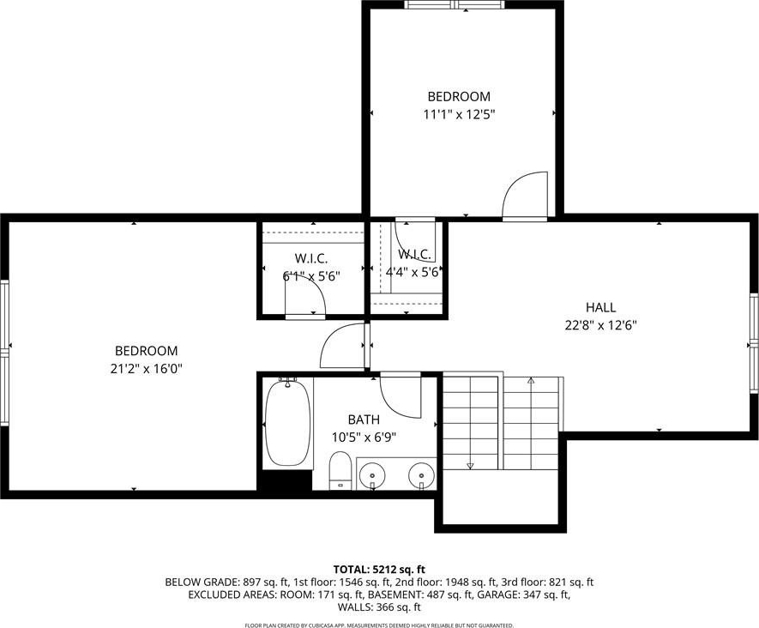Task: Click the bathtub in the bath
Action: pyautogui.click(x=287, y=422)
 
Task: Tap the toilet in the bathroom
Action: pyautogui.click(x=340, y=471)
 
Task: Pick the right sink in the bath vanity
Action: pyautogui.click(x=421, y=475)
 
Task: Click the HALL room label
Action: pyautogui.click(x=600, y=307)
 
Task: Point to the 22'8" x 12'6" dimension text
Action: pyautogui.click(x=600, y=325)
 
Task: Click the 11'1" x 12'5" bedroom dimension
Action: pyautogui.click(x=459, y=115)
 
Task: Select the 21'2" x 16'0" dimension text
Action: pyautogui.click(x=146, y=369)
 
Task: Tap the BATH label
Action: pyautogui.click(x=364, y=420)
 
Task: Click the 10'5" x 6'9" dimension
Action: pyautogui.click(x=364, y=438)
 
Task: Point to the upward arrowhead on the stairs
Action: pyautogui.click(x=531, y=381)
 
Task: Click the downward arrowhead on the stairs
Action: pyautogui.click(x=470, y=466)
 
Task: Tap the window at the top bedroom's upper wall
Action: pyautogui.click(x=455, y=5)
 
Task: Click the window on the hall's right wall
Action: pyautogui.click(x=754, y=344)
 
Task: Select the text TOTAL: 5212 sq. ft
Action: pyautogui.click(x=379, y=569)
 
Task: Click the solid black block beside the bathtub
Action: pyautogui.click(x=285, y=480)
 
